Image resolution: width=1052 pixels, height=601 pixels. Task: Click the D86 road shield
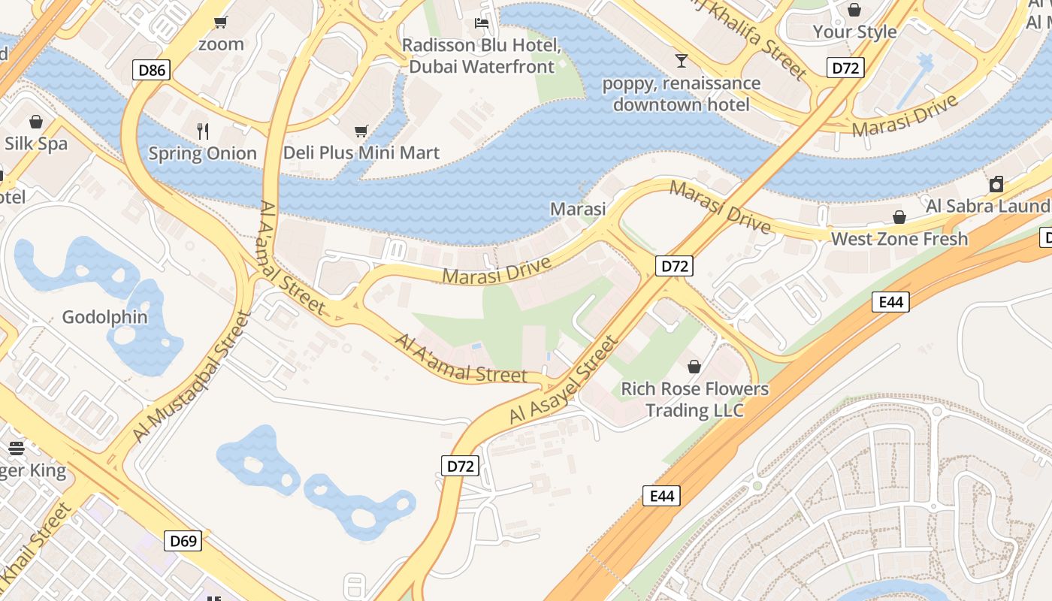tap(152, 71)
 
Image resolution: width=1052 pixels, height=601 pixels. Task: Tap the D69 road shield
tap(183, 540)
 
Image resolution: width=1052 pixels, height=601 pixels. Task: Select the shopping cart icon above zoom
tap(220, 22)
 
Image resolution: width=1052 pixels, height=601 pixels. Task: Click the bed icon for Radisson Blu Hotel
tap(482, 23)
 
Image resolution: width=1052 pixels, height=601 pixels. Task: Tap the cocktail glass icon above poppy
tap(681, 60)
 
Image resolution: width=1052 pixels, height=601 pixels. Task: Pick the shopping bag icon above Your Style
tap(854, 10)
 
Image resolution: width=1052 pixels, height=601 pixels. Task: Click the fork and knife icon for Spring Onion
tap(202, 131)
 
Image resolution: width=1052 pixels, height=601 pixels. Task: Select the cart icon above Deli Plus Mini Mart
tap(361, 131)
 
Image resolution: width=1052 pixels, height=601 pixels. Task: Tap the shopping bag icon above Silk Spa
tap(35, 122)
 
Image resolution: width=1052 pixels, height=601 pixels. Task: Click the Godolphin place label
tap(104, 317)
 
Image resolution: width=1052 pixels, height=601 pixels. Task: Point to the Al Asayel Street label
tap(563, 379)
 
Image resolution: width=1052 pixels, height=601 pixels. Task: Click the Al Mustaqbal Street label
tap(191, 376)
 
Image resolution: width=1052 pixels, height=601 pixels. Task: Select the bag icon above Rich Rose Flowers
tap(694, 367)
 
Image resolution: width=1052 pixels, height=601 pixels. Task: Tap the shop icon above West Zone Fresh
tap(899, 217)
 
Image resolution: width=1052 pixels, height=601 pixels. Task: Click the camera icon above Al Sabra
tap(996, 184)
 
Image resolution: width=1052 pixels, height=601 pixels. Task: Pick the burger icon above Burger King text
tap(17, 448)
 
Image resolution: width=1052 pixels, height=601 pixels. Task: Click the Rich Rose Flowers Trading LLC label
tap(694, 400)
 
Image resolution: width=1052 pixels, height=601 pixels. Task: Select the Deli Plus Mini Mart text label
tap(361, 153)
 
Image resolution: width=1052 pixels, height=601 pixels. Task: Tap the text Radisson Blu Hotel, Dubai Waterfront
tap(482, 56)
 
